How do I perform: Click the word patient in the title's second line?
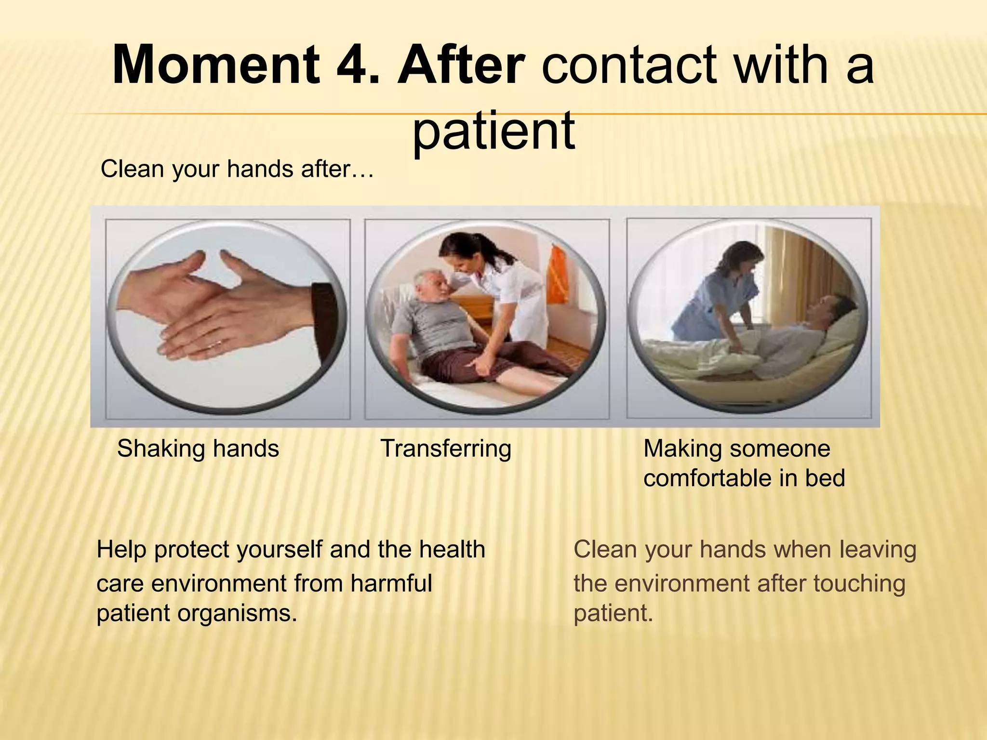point(493,130)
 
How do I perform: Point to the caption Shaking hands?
point(198,449)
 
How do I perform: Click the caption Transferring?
point(446,449)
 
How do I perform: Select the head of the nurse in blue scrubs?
point(745,260)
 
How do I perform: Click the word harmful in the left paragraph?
point(391,583)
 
